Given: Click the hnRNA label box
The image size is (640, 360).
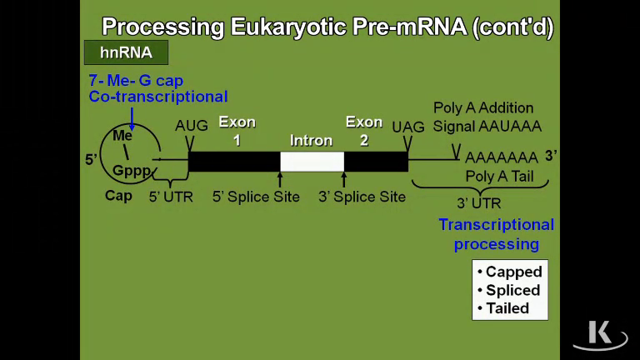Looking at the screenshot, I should pos(126,52).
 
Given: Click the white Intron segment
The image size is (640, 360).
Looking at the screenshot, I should pos(312,161).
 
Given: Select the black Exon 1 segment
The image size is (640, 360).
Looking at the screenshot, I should pos(234,161).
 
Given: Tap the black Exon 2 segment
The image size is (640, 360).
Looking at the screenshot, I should pos(376,161).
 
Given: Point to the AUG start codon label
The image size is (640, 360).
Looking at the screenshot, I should pos(191,126).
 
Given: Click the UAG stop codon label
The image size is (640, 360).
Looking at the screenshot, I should pos(408,126).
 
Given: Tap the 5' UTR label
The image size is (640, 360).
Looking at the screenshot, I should pos(170,197).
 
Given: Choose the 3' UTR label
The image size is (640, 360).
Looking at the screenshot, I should pos(478,203).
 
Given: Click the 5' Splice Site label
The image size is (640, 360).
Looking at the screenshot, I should pos(256,197).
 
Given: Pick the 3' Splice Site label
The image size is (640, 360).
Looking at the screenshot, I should pos(362,197).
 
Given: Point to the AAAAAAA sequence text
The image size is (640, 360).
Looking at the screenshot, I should pos(501,157).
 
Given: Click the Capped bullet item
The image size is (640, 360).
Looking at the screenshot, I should pos(509,272).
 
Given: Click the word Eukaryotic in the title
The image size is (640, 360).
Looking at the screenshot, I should pos(273,27).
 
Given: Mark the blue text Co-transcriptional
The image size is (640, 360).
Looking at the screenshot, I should pos(158,97).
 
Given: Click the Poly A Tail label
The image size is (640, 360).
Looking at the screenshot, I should pos(499,176).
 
